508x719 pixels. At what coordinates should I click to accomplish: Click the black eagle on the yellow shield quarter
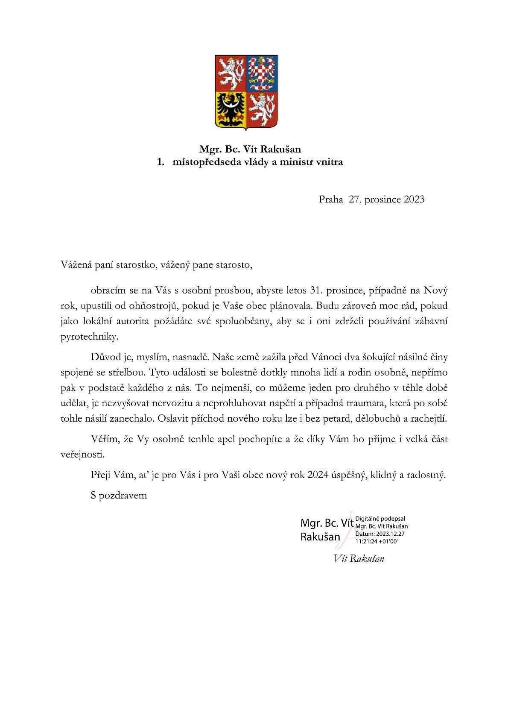pyautogui.click(x=231, y=109)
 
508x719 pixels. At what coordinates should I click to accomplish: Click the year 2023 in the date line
pyautogui.click(x=413, y=199)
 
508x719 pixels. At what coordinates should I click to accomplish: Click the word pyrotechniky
pyautogui.click(x=88, y=337)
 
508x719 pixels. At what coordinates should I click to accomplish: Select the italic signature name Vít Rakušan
pyautogui.click(x=359, y=558)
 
